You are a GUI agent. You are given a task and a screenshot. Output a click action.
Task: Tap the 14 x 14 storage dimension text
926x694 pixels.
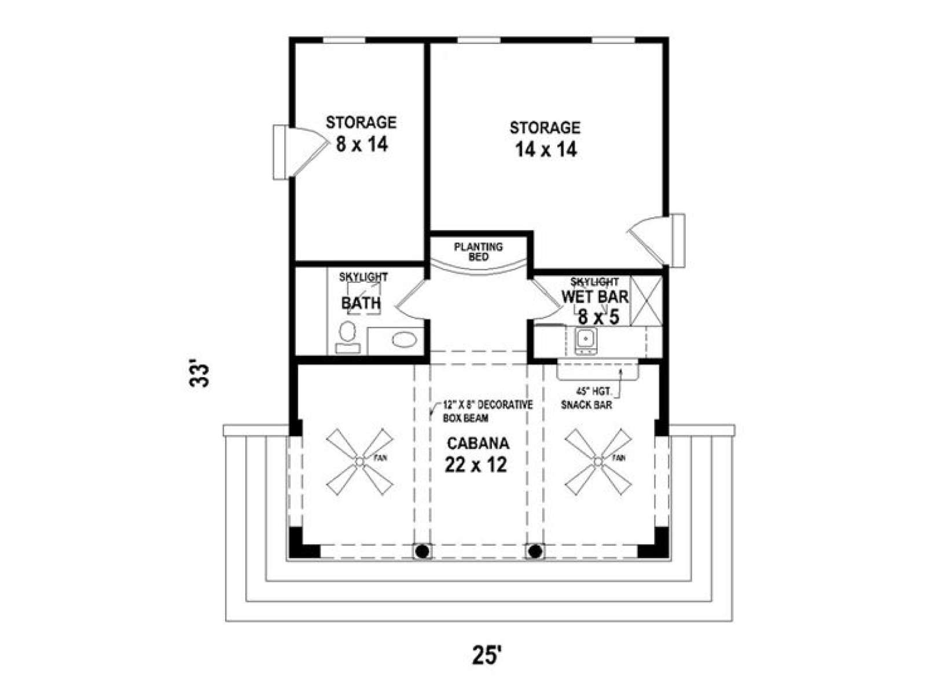[546, 149]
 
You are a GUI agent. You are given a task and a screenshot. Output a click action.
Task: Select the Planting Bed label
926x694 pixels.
[479, 252]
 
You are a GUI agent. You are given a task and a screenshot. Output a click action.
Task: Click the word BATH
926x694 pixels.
[361, 303]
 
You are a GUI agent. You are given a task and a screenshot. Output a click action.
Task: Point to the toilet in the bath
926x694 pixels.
[348, 337]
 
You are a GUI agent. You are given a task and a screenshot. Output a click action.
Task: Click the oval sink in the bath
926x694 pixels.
[404, 339]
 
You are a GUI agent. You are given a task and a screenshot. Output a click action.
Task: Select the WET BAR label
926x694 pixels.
[595, 297]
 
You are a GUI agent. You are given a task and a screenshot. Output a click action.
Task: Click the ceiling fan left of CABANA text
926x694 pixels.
[359, 462]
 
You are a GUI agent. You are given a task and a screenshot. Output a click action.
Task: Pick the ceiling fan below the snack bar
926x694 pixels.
[598, 462]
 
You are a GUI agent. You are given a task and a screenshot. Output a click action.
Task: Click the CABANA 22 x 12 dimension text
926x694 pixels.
[476, 465]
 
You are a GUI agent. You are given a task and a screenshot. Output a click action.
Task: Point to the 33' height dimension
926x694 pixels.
[199, 373]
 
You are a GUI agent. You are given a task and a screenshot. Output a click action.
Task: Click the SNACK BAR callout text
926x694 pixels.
[586, 405]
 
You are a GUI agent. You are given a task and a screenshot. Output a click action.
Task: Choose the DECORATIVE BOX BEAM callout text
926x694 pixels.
[487, 411]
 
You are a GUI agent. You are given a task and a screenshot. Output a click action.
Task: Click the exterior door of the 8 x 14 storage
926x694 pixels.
[300, 152]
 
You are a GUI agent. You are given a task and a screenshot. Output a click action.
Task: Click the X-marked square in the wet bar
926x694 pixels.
[646, 301]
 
